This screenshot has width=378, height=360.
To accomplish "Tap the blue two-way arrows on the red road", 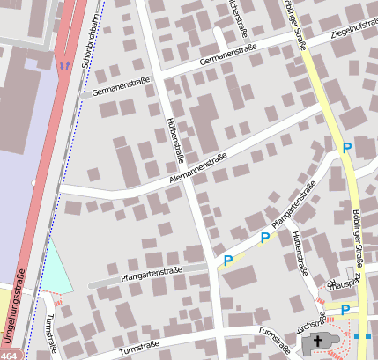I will (x=63, y=64).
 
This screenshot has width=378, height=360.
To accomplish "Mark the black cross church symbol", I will (x=319, y=343).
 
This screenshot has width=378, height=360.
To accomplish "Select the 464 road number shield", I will (x=8, y=356).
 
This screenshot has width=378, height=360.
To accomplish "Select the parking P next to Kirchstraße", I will (x=345, y=309).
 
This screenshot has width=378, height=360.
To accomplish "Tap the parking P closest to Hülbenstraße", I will (x=227, y=261).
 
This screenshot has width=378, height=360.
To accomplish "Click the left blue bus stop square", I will (x=356, y=335).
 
